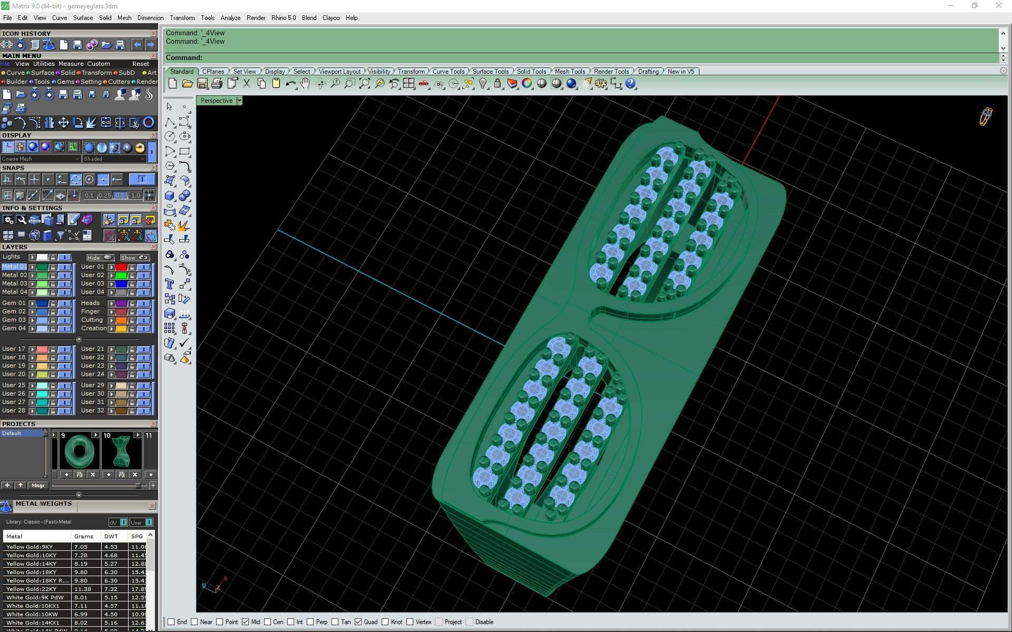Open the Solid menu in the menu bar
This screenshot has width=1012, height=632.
[x=105, y=18]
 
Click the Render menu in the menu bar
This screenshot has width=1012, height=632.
[x=256, y=18]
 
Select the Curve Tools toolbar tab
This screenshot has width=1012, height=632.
[x=448, y=72]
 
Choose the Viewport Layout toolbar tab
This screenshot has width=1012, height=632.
[x=339, y=72]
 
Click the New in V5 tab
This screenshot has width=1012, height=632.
[x=680, y=72]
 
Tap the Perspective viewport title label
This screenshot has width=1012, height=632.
[x=216, y=101]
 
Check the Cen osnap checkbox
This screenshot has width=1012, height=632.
[x=268, y=622]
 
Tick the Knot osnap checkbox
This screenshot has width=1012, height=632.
[x=385, y=622]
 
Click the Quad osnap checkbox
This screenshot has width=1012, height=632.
[x=358, y=622]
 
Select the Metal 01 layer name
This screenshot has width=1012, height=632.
[x=14, y=267]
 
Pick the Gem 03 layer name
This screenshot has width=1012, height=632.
[x=14, y=320]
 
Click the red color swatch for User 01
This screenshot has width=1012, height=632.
[x=121, y=267]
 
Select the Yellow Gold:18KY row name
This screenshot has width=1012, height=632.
[x=32, y=572]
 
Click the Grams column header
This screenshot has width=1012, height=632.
[x=84, y=536]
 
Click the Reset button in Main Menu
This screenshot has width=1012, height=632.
[x=140, y=64]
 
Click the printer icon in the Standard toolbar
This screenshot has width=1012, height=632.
[x=217, y=84]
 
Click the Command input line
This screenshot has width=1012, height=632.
[x=580, y=58]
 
